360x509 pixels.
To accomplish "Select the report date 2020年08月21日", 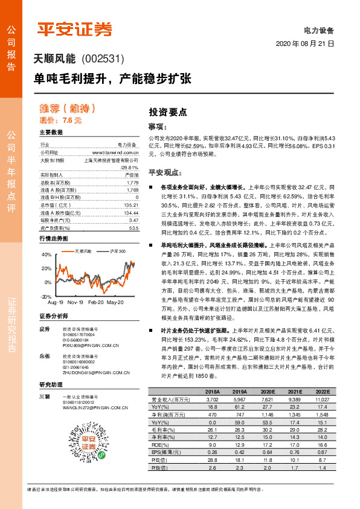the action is point(304,44).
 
